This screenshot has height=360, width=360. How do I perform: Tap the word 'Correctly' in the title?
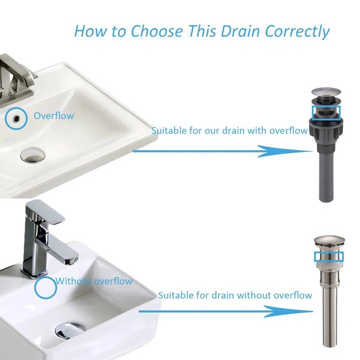point(297,31)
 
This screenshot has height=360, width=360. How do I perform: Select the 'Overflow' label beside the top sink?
point(54,116)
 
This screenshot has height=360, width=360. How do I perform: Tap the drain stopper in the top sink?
point(32,155)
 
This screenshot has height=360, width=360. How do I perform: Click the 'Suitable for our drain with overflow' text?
point(229,130)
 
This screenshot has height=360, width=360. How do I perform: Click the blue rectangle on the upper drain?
point(326,112)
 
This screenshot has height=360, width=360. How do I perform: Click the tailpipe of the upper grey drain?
point(326,171)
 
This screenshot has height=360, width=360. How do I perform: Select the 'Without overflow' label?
point(94,281)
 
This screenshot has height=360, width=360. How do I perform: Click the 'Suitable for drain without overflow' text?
point(235,295)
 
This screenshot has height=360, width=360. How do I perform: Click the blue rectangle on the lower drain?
point(328,256)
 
